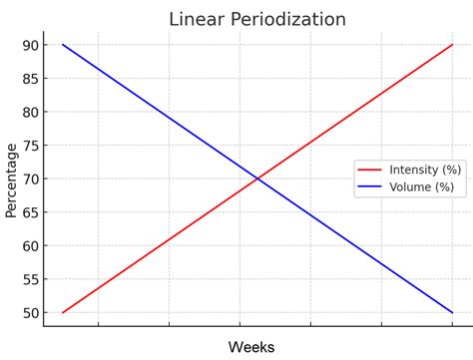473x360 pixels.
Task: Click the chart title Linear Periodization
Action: [257, 19]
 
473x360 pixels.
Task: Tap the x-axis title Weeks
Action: [251, 346]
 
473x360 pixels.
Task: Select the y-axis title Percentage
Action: [12, 180]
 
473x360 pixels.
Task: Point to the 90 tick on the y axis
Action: [32, 45]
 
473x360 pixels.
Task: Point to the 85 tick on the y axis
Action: [32, 79]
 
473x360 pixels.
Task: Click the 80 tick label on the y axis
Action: [32, 112]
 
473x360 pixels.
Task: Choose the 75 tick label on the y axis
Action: [32, 146]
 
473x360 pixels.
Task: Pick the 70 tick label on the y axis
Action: [32, 180]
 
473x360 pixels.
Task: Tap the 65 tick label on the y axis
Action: [32, 212]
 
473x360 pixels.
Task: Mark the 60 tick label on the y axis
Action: [32, 246]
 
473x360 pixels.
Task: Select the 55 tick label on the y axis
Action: [32, 279]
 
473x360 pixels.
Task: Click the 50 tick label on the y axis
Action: [32, 313]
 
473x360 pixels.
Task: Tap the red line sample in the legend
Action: [370, 170]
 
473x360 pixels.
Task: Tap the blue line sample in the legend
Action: [370, 186]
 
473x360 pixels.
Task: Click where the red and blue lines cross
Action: [257, 179]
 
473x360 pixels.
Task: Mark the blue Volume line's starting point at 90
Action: [62, 45]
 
